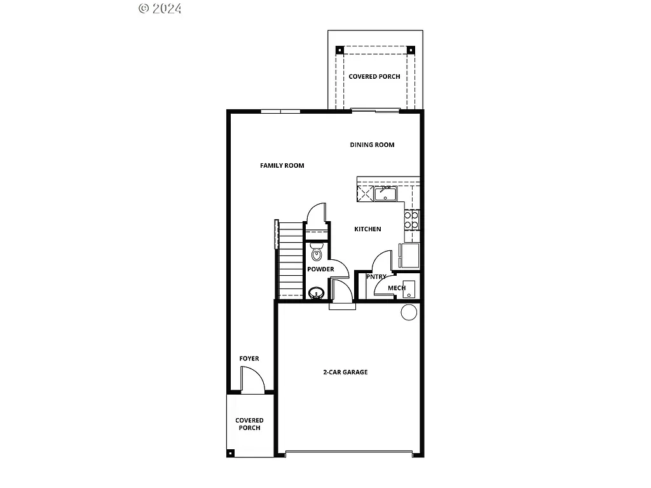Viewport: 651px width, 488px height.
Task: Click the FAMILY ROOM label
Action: (282, 166)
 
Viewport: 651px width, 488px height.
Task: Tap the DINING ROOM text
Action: (372, 145)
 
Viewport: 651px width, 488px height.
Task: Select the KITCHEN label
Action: (367, 229)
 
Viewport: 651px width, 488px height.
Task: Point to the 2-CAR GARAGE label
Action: (345, 372)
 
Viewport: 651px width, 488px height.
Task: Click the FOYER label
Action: (249, 359)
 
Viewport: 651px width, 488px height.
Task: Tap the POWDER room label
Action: (320, 269)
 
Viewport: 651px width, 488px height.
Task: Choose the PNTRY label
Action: (376, 277)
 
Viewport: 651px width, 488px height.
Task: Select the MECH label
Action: (397, 288)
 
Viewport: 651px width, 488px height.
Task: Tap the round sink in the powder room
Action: (316, 293)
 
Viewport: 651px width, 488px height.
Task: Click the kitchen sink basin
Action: (385, 194)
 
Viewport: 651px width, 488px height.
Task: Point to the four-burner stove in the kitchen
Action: (411, 220)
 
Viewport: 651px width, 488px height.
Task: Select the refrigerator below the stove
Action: (409, 255)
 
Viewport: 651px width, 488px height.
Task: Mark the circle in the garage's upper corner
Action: (409, 312)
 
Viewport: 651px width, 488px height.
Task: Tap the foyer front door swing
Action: (253, 381)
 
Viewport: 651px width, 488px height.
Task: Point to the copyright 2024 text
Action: (160, 8)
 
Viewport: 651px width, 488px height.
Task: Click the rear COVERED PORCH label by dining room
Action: (374, 77)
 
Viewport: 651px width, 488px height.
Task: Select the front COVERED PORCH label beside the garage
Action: (249, 424)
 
